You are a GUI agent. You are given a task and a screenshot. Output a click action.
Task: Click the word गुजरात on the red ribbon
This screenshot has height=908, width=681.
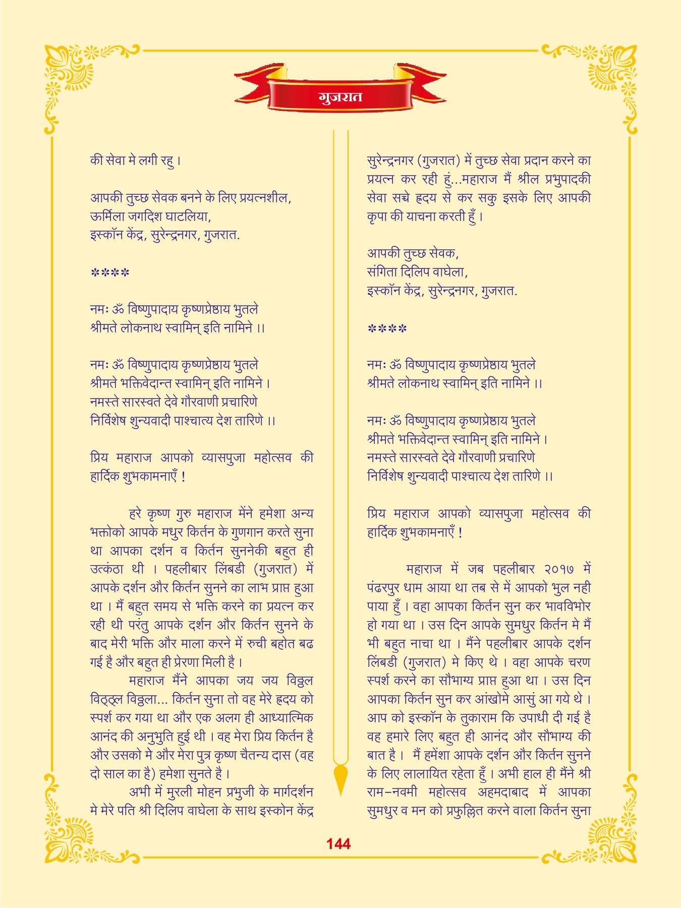coord(340,96)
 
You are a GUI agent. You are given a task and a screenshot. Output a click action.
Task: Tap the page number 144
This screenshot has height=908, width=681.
coord(338,844)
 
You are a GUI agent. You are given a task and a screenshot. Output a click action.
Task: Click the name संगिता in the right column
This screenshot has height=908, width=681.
coord(382,272)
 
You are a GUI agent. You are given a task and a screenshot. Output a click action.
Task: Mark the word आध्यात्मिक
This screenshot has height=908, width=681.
coord(286,717)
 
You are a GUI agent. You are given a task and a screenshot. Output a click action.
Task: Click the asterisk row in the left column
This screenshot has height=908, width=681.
coord(110,273)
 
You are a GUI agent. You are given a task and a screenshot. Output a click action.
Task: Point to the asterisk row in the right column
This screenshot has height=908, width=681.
coord(387,329)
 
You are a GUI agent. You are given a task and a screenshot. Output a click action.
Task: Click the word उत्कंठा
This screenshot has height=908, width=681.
coord(106,569)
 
